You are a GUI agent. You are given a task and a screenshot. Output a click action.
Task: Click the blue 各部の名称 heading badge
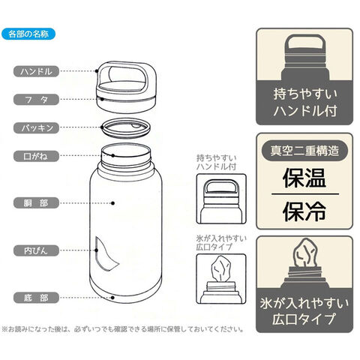(x=28, y=34)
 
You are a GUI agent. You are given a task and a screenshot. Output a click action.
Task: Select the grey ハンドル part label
(x=36, y=71)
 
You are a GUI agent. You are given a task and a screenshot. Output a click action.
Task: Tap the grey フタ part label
(x=36, y=100)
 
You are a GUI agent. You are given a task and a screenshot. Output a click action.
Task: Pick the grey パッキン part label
(x=36, y=128)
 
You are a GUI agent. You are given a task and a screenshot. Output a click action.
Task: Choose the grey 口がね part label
(x=36, y=157)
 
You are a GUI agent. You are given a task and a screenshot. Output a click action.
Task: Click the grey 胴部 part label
(x=36, y=203)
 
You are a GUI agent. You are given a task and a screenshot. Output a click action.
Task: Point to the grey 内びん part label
(x=36, y=250)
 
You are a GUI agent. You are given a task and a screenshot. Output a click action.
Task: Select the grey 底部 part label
(x=36, y=298)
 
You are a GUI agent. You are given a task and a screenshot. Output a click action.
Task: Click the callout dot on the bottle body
(x=112, y=203)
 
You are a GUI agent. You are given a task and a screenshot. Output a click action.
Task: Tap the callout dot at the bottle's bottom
(x=112, y=298)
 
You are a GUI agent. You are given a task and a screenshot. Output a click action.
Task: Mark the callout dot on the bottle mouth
(x=113, y=155)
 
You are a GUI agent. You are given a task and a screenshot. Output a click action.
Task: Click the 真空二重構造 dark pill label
(x=304, y=151)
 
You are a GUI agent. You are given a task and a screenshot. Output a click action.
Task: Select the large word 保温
(x=304, y=178)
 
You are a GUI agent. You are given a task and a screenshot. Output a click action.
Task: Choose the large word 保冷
(x=304, y=212)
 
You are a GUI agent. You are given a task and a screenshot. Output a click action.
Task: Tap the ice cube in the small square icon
(x=221, y=269)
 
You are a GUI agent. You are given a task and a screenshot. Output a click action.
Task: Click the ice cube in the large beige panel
(x=305, y=253)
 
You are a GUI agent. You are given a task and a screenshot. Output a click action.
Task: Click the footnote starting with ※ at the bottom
(x=123, y=329)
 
